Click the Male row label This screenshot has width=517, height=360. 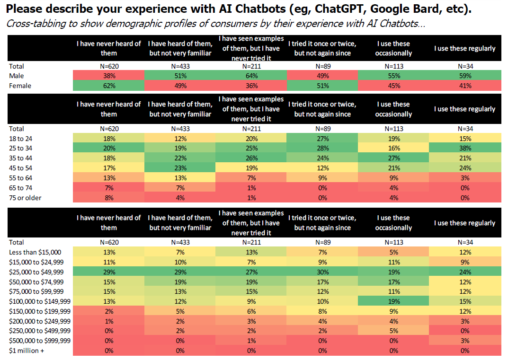tap(16, 76)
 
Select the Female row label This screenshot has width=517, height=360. tap(20, 86)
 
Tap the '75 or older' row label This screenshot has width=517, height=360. tap(25, 198)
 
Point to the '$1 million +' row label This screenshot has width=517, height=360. tap(27, 351)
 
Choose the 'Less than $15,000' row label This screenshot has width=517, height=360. tap(35, 252)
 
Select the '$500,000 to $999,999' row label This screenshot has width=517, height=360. tap(40, 341)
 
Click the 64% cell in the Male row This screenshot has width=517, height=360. tap(251, 76)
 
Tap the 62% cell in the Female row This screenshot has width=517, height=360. tap(108, 86)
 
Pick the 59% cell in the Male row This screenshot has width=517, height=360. tap(464, 76)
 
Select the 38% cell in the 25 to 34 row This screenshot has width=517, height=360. tap(464, 149)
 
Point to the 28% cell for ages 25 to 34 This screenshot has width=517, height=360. tap(322, 149)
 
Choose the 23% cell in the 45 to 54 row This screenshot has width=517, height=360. tap(180, 168)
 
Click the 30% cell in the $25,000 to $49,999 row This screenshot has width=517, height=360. tap(322, 272)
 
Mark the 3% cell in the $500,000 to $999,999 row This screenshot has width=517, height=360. tap(464, 341)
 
